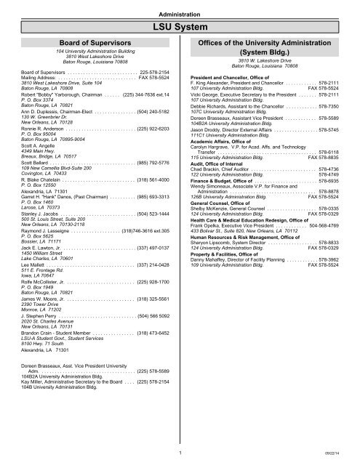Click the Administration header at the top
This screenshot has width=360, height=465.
[180, 12]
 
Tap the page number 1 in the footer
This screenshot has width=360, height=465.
[180, 451]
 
